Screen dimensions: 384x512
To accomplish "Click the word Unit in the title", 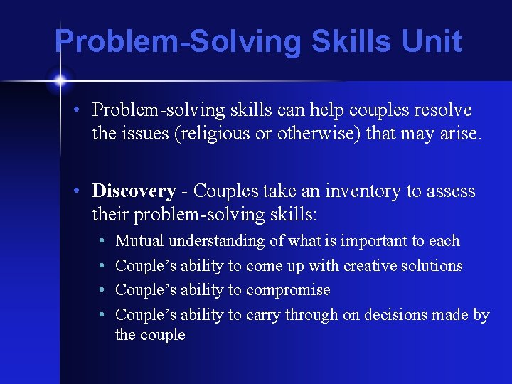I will (x=432, y=41).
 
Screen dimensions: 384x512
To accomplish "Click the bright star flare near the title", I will (x=60, y=79).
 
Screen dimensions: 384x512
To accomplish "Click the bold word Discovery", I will (x=134, y=191).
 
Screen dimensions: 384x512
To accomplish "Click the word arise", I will (x=461, y=132).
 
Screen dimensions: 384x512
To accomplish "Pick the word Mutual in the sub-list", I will (x=140, y=241).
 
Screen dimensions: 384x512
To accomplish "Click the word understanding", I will (x=217, y=241).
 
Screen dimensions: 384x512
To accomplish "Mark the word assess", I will (x=452, y=191).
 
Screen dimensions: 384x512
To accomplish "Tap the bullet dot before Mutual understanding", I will (x=104, y=241).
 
